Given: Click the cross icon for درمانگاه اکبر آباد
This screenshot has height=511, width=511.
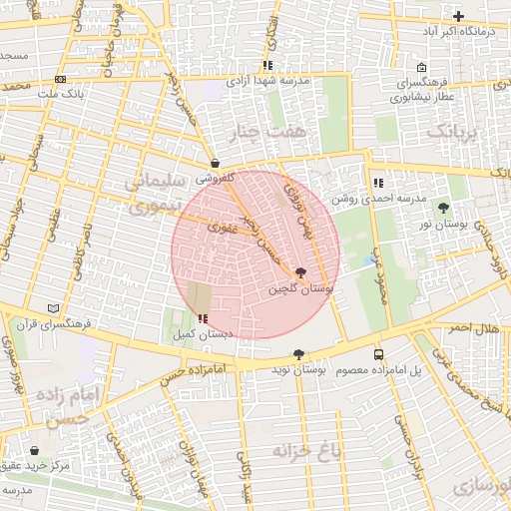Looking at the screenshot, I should point(458,17).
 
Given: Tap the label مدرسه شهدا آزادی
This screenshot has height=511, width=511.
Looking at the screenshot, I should point(268,80).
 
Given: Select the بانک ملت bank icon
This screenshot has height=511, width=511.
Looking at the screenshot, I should point(61,79).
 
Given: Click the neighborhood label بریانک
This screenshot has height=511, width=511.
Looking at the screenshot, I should point(455,131).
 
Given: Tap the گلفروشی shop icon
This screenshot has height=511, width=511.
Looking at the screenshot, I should point(216,162).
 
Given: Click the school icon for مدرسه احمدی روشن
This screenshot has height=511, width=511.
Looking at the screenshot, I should point(377,183).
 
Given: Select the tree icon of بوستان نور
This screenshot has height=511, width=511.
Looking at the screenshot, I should point(443,208).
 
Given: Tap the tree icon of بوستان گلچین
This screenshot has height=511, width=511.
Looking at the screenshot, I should point(301,271).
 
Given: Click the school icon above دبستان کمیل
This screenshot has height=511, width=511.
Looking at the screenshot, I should point(204,318).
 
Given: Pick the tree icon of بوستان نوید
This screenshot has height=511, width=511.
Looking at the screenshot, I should point(298,354).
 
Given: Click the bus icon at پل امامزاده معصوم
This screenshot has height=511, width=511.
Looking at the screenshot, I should point(378,354).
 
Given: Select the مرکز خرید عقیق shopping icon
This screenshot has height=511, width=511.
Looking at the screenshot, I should point(36,450).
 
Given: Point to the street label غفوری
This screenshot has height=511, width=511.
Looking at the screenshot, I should point(219,228).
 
